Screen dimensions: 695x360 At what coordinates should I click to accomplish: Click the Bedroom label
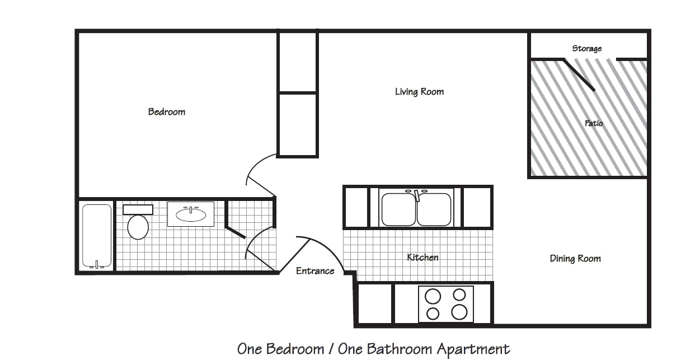(167, 112)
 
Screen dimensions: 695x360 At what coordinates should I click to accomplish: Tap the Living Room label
(419, 92)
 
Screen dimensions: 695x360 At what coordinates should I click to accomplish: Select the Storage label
(586, 48)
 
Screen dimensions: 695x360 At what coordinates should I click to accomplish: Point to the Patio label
(594, 123)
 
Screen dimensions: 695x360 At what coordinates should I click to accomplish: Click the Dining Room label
(575, 259)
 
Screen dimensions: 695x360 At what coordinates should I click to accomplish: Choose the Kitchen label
(422, 258)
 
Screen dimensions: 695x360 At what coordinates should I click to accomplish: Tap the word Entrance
(315, 271)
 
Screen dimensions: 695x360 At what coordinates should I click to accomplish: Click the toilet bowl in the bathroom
(138, 227)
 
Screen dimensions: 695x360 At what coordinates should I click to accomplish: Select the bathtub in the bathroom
(97, 236)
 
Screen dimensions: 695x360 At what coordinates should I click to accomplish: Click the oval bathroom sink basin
(191, 215)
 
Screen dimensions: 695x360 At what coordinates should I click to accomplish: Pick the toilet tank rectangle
(138, 209)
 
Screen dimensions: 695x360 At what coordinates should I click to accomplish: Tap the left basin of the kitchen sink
(398, 209)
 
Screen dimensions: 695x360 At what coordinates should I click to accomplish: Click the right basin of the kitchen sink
(434, 209)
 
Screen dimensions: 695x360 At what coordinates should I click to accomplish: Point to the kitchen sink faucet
(417, 195)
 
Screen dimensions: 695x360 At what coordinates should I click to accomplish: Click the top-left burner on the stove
(433, 296)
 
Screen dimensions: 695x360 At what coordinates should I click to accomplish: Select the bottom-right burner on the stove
(459, 312)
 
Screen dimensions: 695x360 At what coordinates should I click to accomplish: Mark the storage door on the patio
(579, 75)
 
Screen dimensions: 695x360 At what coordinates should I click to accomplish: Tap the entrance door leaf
(294, 256)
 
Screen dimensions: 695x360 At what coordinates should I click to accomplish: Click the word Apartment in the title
(473, 349)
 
